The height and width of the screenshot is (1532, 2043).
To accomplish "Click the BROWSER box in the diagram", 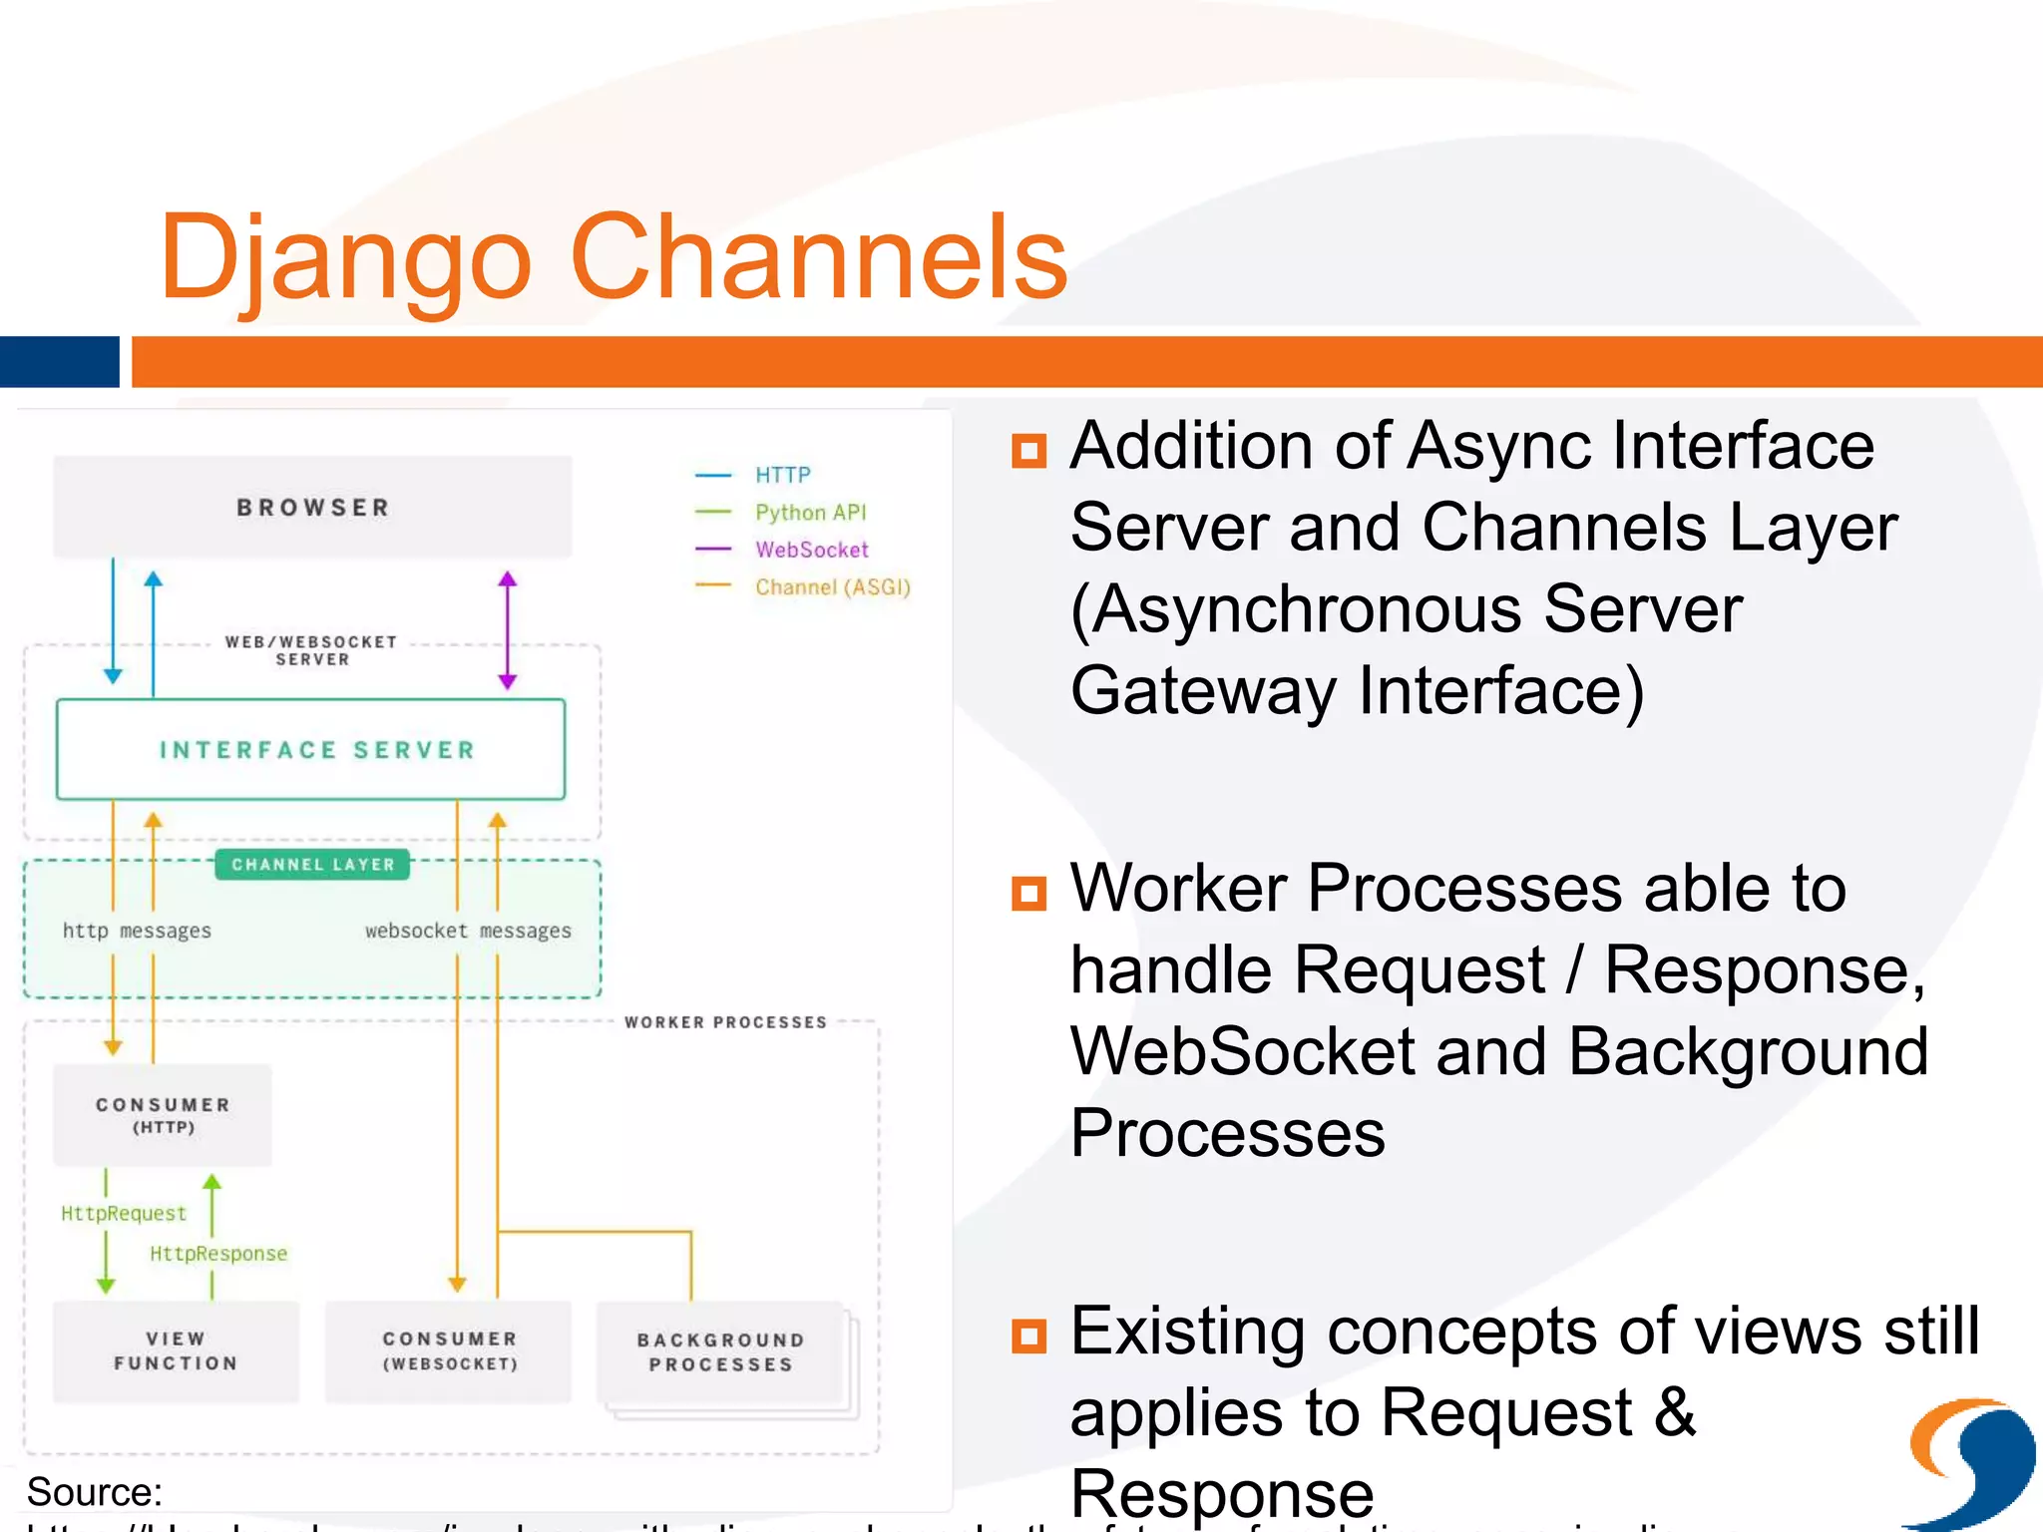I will pos(312,507).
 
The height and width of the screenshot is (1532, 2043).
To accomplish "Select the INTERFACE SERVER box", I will pos(311,749).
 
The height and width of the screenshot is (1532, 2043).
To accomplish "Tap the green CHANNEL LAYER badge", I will pos(312,865).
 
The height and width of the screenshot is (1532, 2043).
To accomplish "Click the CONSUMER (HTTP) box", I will pos(163,1115).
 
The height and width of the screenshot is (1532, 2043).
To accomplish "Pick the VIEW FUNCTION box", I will pos(176,1351).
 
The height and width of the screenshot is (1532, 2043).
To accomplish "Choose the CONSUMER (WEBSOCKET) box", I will pos(449,1351).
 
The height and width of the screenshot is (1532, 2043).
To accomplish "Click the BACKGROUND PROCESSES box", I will pos(720,1352).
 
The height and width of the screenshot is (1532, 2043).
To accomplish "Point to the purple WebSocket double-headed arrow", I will pos(508,630).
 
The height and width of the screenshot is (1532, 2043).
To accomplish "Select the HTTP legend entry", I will pos(782,475).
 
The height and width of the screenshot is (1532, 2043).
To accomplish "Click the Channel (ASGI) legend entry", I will pos(832,587).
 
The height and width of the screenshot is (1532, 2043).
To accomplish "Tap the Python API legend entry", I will pos(810,513).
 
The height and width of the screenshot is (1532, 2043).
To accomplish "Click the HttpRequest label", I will pos(124,1214).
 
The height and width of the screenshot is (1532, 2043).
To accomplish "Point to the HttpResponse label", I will pos(218,1254).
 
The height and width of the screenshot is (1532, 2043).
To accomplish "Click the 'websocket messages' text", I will pos(468,931).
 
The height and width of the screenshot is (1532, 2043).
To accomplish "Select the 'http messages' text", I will pos(137,931).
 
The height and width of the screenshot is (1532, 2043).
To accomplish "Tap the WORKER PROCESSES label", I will pos(725,1022).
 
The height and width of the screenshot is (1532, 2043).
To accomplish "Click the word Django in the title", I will pos(344,256).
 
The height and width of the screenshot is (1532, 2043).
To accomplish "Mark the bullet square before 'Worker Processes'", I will pos(1028,893).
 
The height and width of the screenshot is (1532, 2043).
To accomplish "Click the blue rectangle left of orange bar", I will pos(59,361).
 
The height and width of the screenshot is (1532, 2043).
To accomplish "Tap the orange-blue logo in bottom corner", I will pos(1970,1461).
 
